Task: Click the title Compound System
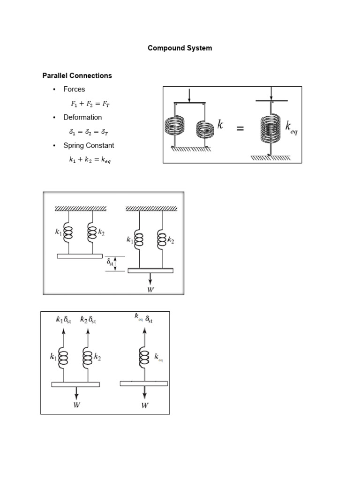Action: click(180, 48)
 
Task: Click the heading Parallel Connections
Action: click(77, 75)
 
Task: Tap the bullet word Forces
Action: click(74, 89)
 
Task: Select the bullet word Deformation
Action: click(82, 117)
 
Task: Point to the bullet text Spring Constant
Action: click(89, 145)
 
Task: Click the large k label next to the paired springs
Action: click(220, 125)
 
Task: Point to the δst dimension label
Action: click(111, 263)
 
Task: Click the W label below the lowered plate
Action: click(150, 289)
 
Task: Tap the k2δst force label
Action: click(89, 321)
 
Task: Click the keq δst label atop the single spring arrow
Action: click(143, 319)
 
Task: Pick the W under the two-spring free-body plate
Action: click(76, 405)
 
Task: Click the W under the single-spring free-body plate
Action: click(144, 405)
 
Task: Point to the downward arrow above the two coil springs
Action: click(188, 95)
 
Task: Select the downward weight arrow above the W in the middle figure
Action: click(150, 278)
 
